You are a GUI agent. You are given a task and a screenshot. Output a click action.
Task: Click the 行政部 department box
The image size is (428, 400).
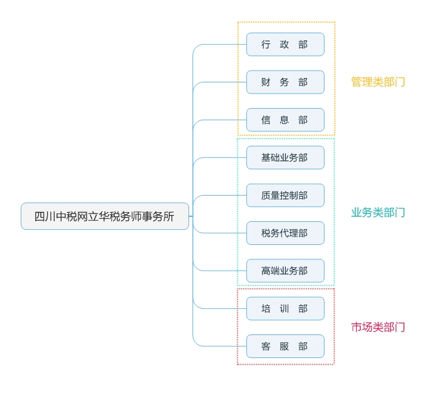click(x=285, y=44)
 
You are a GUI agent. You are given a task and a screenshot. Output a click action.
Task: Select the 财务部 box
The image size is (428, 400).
click(x=285, y=82)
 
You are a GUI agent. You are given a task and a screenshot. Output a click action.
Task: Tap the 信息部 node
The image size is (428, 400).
click(x=285, y=120)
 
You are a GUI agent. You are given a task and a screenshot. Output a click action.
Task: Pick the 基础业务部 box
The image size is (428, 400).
click(x=285, y=157)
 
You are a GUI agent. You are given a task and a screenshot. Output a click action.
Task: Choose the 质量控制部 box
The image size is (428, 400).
click(x=285, y=196)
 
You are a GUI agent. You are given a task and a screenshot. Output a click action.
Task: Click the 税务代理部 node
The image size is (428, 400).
click(x=285, y=233)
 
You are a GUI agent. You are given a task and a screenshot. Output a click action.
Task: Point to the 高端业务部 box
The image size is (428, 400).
click(x=285, y=271)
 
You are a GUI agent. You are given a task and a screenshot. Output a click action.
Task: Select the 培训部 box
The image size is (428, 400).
click(x=285, y=309)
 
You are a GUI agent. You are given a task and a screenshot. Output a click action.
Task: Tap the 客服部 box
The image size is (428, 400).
click(x=285, y=346)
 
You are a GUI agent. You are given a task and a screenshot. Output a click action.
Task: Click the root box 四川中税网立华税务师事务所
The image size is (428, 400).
click(x=105, y=216)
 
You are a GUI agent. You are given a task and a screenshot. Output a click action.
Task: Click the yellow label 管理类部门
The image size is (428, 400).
click(x=378, y=82)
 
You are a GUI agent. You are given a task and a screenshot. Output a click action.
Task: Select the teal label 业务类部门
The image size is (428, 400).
click(x=378, y=212)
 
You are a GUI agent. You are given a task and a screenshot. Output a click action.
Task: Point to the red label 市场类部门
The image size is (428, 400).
click(x=378, y=327)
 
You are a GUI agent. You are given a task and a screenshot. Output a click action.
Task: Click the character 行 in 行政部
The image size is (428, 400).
click(x=266, y=44)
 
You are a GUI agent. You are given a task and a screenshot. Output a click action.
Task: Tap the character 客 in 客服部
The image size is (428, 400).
click(x=266, y=346)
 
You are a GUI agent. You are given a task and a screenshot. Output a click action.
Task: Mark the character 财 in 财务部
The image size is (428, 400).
click(x=266, y=82)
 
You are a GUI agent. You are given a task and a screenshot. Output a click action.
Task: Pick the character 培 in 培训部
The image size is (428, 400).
click(x=266, y=309)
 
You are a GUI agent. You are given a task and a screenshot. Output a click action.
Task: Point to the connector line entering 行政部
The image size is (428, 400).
click(x=224, y=44)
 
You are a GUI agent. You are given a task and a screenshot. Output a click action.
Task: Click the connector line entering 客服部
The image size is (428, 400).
click(x=224, y=346)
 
